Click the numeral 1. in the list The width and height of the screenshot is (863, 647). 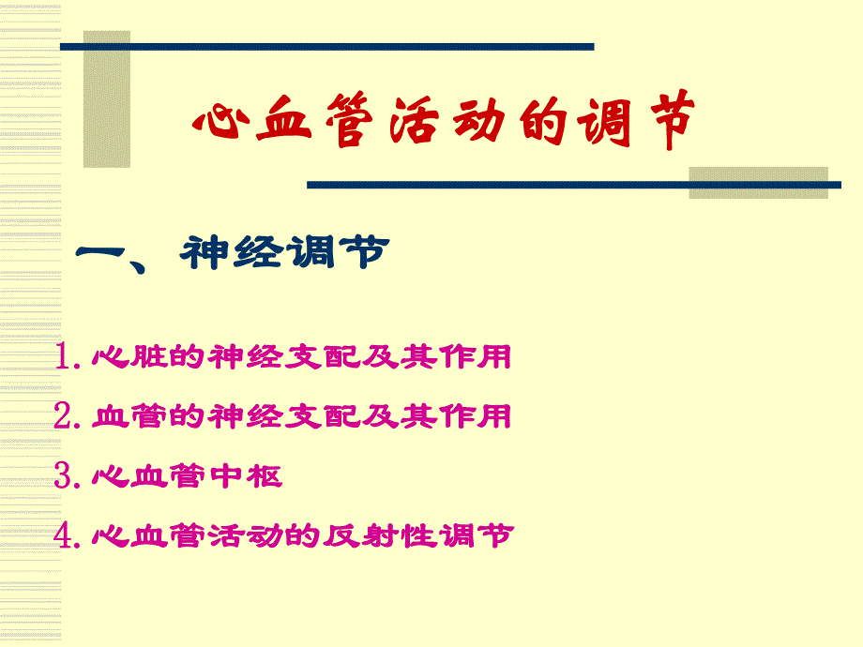[x=70, y=357]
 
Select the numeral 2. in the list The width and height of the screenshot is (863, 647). [x=70, y=416]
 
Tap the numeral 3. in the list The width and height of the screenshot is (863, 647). [x=70, y=476]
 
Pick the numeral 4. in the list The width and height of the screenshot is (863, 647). [x=70, y=535]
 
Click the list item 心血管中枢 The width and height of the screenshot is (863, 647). [x=188, y=476]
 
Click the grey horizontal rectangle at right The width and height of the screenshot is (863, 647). [x=758, y=182]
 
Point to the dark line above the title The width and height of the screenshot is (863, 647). [x=328, y=46]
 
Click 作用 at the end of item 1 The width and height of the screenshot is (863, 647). [x=479, y=357]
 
